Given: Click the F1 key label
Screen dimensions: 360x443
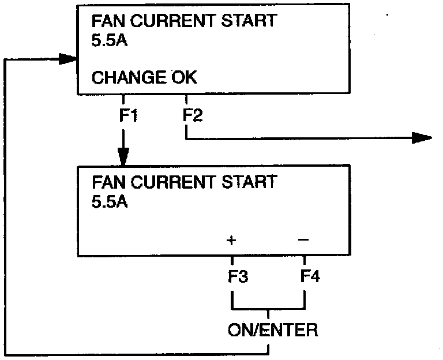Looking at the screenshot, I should (x=127, y=115).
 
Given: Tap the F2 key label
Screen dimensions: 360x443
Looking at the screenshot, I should (x=192, y=115).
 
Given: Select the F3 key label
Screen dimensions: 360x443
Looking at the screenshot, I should (x=237, y=276).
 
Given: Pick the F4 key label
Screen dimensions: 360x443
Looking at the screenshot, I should (x=310, y=276).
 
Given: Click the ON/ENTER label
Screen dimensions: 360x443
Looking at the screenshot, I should (x=272, y=331).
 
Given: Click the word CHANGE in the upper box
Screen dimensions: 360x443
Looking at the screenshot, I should (x=129, y=77).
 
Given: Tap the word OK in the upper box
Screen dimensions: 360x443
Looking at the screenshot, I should (x=183, y=77).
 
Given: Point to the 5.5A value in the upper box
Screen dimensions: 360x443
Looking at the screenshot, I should (x=110, y=42).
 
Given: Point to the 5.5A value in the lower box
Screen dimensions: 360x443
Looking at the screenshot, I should (x=110, y=202).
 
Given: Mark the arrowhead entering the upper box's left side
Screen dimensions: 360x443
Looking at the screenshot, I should (x=67, y=58).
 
